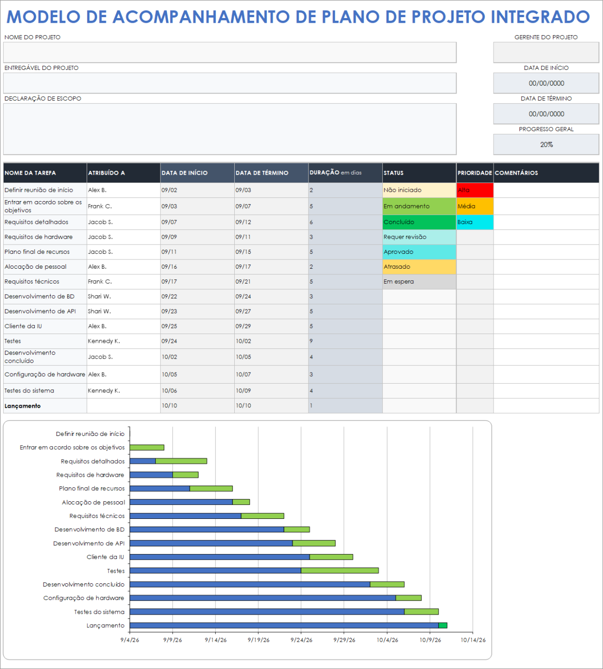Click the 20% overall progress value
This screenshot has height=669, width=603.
546,145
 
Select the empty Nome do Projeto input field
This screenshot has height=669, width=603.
230,52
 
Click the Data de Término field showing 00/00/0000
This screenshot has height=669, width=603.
546,114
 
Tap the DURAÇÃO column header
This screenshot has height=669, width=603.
335,173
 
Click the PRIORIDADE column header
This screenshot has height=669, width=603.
475,173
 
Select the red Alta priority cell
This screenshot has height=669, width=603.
475,190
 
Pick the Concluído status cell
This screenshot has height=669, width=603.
419,222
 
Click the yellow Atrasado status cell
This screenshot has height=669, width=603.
419,267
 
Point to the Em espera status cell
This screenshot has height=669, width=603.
419,282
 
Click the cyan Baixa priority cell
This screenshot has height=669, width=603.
475,222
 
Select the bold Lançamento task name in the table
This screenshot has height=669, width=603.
23,406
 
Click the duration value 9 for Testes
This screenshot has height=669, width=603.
311,341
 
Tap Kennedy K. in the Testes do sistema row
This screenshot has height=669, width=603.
104,391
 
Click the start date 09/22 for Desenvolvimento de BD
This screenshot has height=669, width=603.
169,297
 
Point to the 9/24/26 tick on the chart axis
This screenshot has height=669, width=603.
301,640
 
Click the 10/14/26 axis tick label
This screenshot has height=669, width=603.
473,640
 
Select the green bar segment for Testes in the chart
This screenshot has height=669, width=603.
340,570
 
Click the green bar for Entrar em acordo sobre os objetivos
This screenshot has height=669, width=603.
147,448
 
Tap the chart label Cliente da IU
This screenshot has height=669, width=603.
105,557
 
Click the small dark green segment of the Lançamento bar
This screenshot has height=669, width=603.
443,625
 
